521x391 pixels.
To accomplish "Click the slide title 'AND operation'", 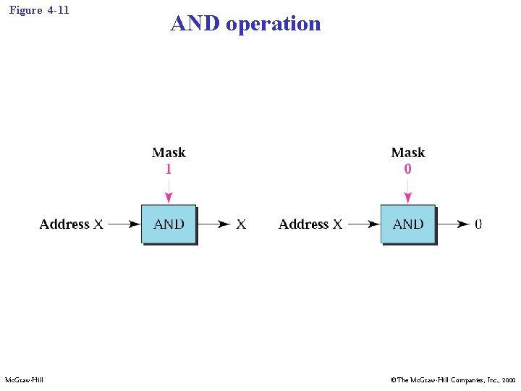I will tap(245, 24).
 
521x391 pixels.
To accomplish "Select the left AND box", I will tap(169, 224).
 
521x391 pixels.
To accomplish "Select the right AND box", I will tap(408, 224).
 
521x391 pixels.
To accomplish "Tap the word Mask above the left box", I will tap(169, 153).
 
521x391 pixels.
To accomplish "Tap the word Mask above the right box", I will tap(408, 153).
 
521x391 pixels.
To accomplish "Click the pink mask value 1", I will tap(169, 169).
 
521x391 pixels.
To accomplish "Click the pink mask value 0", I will tap(408, 169).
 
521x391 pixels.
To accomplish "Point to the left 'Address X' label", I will tap(71, 224).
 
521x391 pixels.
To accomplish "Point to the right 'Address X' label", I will tap(310, 224).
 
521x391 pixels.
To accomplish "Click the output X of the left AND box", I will tap(241, 224).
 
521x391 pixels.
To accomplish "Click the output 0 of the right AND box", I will tap(478, 224).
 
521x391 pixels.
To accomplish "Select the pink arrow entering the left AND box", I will tap(169, 192).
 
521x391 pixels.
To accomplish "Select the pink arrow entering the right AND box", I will tap(408, 192).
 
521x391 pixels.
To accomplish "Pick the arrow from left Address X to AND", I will tap(124, 224).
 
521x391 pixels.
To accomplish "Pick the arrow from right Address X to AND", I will tap(363, 224).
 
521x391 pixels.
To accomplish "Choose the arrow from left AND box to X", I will tap(214, 224).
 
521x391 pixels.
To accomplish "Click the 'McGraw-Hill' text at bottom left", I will tap(24, 379).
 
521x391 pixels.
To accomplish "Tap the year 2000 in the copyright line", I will tap(509, 379).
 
